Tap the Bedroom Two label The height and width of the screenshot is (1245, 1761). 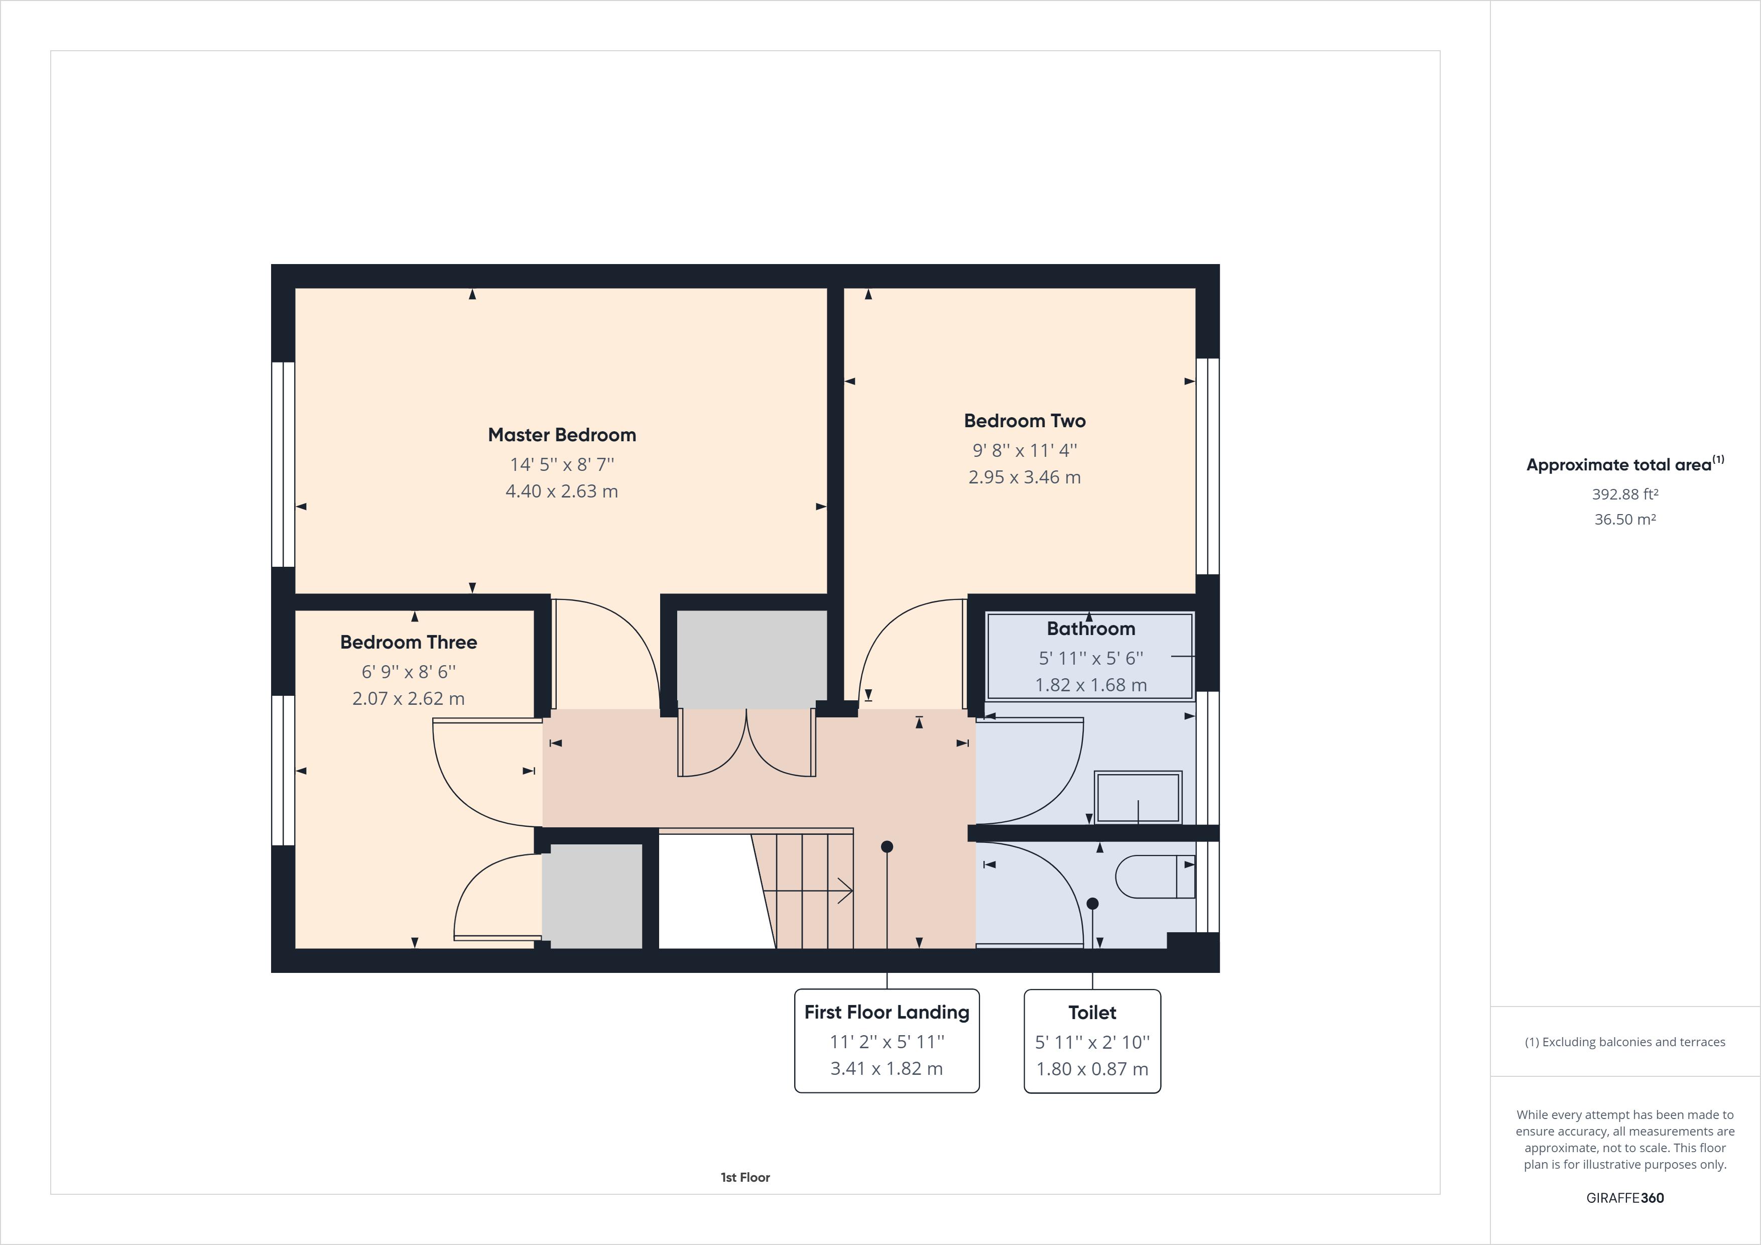click(x=1024, y=420)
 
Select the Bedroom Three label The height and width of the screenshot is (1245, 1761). click(x=408, y=642)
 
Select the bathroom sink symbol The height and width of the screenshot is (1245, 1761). click(x=1138, y=798)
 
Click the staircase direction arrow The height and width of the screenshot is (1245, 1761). click(x=809, y=891)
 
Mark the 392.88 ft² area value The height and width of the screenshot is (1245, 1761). click(x=1624, y=494)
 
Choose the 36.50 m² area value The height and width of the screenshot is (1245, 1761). click(x=1624, y=519)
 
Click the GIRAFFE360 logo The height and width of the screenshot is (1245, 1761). click(x=1624, y=1197)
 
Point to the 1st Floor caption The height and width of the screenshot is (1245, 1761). click(x=745, y=1177)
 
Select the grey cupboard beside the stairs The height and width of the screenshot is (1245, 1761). click(x=592, y=896)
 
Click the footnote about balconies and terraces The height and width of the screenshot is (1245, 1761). click(x=1624, y=1042)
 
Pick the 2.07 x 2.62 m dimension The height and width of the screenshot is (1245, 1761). click(x=408, y=698)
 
